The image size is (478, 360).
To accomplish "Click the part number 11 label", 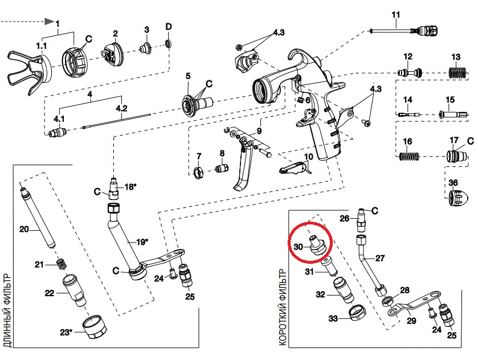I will point(396,14).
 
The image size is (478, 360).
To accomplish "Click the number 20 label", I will point(24,230).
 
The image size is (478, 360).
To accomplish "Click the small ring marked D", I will point(169,43).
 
